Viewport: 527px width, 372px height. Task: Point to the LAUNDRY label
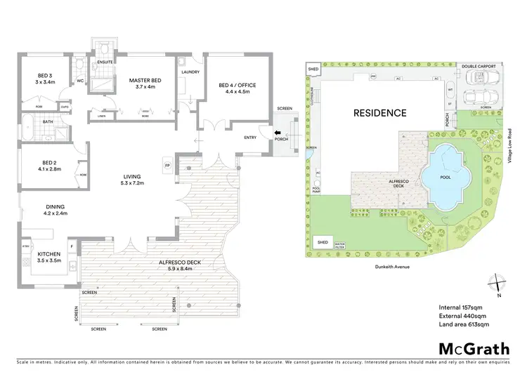coord(190,72)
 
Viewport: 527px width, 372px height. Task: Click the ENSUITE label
coord(103,61)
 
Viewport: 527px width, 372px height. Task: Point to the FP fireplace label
coord(167,166)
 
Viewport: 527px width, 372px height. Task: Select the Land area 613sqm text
coord(464,325)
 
